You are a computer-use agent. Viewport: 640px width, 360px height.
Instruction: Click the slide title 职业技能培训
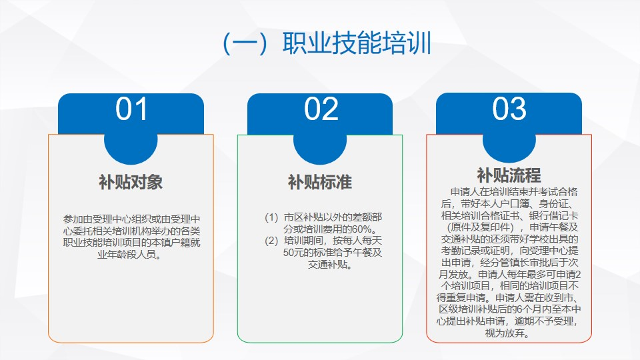(357, 43)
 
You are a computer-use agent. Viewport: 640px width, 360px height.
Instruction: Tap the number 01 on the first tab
(131, 109)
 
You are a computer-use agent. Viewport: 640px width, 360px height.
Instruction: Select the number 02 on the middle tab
(321, 109)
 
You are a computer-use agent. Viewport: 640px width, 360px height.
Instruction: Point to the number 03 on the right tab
(509, 109)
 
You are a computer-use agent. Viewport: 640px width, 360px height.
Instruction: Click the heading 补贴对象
(131, 182)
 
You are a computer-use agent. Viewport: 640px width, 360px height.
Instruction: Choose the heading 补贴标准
(319, 182)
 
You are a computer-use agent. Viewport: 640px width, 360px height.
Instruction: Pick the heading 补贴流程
(509, 175)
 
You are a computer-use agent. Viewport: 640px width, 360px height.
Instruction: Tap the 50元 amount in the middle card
(293, 253)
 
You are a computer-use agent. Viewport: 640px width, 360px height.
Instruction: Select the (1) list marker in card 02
(271, 217)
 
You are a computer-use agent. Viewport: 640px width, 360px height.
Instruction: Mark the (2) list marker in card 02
(271, 241)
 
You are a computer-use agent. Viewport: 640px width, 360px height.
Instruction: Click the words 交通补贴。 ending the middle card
(330, 265)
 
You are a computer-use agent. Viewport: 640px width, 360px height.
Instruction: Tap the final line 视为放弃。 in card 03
(508, 333)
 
